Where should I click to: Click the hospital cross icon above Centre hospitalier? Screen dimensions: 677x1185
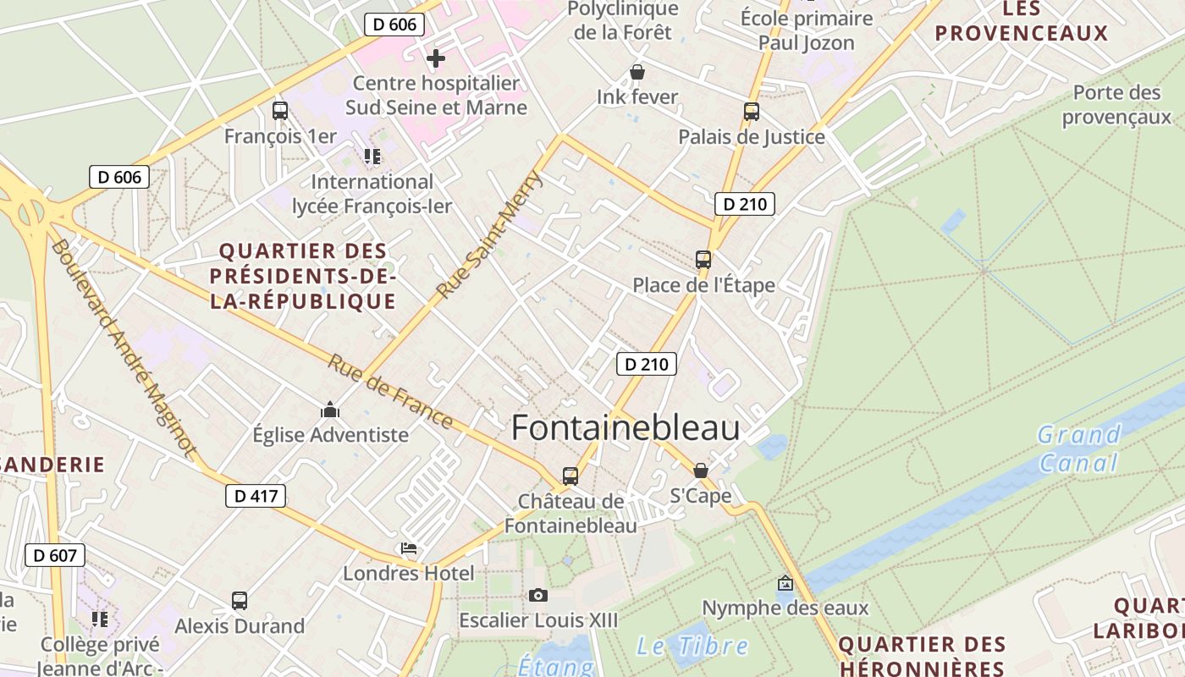click(436, 58)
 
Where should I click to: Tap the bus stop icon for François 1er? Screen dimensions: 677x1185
click(280, 111)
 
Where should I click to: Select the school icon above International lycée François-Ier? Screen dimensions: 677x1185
click(372, 157)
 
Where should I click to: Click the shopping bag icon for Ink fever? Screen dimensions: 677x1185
click(637, 73)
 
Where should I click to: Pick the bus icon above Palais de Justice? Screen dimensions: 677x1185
click(752, 112)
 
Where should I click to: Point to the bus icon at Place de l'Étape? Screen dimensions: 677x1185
click(703, 260)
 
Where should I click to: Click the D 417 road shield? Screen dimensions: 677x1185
click(256, 496)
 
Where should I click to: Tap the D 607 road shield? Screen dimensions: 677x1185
click(55, 556)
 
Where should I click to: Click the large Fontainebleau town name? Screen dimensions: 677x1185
click(626, 428)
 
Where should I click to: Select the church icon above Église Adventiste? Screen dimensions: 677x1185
click(330, 410)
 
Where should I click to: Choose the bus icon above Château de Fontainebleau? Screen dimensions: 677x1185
click(570, 476)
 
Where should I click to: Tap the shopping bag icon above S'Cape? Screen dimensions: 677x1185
click(701, 471)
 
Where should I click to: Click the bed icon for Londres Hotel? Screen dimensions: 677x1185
click(409, 548)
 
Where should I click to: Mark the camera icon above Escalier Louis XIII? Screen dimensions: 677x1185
click(538, 596)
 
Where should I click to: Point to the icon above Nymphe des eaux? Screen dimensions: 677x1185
click(785, 583)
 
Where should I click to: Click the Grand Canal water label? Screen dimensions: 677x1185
click(1079, 449)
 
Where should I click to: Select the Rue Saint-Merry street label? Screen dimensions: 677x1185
click(489, 234)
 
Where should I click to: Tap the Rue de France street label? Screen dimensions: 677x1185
click(390, 390)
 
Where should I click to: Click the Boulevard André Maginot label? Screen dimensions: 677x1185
click(123, 347)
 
